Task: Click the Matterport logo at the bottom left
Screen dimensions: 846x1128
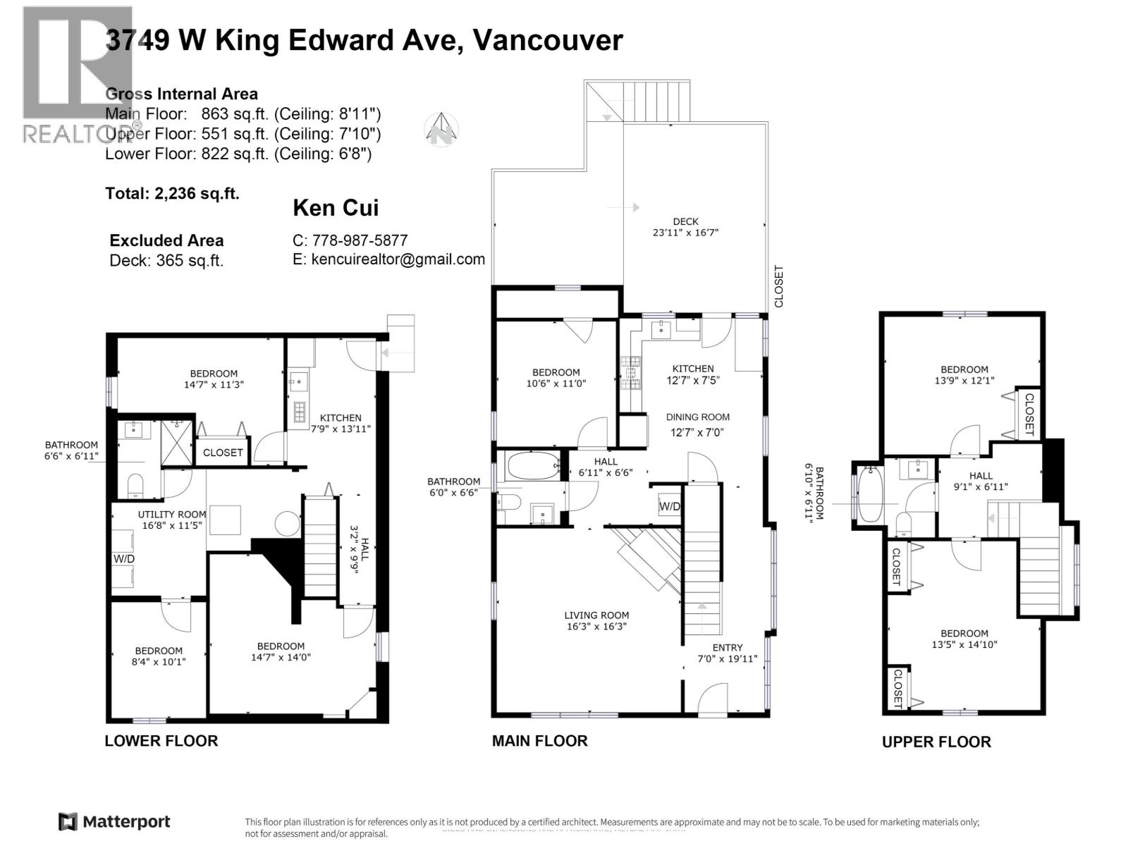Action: pyautogui.click(x=114, y=821)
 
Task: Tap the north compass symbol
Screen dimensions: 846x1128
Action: pyautogui.click(x=442, y=130)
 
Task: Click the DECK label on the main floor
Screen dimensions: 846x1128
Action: pyautogui.click(x=685, y=221)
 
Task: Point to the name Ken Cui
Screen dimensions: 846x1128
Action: pyautogui.click(x=336, y=208)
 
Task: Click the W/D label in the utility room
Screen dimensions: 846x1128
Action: pyautogui.click(x=124, y=559)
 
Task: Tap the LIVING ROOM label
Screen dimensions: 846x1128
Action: pyautogui.click(x=596, y=615)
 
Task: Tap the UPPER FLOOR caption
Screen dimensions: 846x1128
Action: pyautogui.click(x=936, y=742)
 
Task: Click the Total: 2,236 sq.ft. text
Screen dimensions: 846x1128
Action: pyautogui.click(x=172, y=193)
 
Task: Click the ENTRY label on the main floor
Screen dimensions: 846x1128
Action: pyautogui.click(x=727, y=647)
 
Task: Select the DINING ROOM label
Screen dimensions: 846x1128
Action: pyautogui.click(x=697, y=417)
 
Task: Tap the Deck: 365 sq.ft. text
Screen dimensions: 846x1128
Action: pyautogui.click(x=166, y=260)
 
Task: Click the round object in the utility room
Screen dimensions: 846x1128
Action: pyautogui.click(x=288, y=525)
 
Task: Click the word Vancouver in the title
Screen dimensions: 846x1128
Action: pyautogui.click(x=547, y=40)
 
